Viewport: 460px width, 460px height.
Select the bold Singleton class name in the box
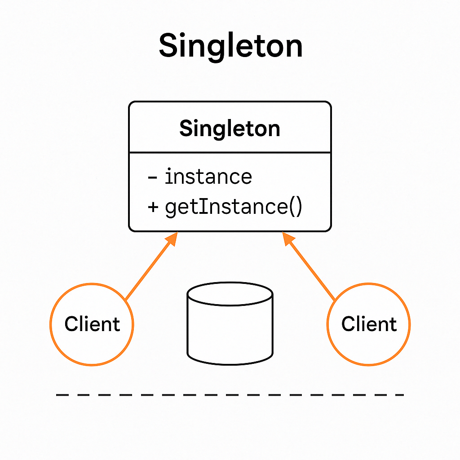coord(230,129)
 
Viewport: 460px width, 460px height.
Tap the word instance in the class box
coord(208,177)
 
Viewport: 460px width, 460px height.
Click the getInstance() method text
coord(233,207)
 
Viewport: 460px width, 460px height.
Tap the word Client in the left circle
coord(92,324)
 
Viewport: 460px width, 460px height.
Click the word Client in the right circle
coord(369,324)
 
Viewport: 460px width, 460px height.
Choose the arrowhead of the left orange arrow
coord(173,239)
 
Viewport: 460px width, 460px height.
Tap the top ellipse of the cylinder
coord(230,294)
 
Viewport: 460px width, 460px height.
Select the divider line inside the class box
coord(230,153)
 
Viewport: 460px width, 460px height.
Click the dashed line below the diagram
coord(230,395)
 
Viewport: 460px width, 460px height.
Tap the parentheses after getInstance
coord(295,208)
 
